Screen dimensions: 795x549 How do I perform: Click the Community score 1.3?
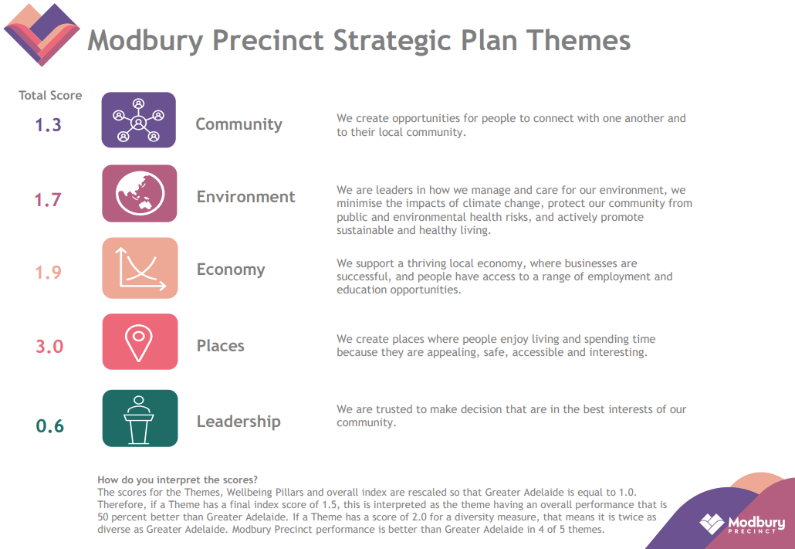(48, 125)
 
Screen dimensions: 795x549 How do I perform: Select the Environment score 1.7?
(48, 200)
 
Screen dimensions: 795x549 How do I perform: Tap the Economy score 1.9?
(48, 273)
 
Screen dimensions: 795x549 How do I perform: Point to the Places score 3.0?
(49, 347)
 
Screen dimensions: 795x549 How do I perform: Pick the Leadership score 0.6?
(49, 425)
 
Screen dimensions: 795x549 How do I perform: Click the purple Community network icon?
(138, 120)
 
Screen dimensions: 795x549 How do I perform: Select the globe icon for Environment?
(140, 193)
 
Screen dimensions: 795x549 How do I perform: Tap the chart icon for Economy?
(140, 268)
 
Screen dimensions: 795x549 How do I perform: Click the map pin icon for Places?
(140, 341)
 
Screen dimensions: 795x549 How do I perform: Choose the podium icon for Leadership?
(140, 418)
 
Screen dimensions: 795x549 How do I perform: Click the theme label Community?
(238, 124)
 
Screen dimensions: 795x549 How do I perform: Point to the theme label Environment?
(246, 197)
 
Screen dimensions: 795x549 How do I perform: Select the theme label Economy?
(231, 270)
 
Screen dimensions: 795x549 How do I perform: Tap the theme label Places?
(221, 345)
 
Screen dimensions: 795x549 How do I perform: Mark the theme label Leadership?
(238, 422)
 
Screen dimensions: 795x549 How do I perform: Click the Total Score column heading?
(50, 96)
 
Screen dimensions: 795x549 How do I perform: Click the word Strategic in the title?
(391, 41)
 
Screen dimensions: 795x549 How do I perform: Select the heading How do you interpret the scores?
(178, 480)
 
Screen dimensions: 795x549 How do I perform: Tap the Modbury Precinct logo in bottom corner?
(743, 524)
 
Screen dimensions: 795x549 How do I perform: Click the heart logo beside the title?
(42, 35)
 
